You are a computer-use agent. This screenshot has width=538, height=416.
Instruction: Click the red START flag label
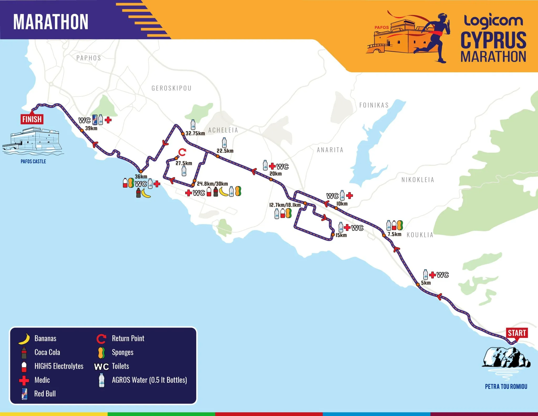coord(517,333)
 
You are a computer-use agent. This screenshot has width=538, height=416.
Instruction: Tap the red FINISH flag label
coord(32,119)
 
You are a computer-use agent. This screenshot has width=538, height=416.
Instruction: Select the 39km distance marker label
coord(91,129)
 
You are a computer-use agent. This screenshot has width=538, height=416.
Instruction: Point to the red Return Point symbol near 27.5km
coord(182,152)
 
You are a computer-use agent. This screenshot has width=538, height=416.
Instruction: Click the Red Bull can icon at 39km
coord(95,120)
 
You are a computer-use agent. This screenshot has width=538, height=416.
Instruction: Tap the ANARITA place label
coord(330,150)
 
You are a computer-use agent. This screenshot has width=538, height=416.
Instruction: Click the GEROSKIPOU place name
coord(172,88)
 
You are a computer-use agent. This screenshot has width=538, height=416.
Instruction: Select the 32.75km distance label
coord(195,133)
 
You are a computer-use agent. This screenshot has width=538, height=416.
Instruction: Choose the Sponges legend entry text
coord(122,352)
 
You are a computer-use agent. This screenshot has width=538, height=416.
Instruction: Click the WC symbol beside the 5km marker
coord(443,275)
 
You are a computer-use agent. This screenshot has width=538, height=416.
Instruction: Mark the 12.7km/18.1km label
coord(285,205)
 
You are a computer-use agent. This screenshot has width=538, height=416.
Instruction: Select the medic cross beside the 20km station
coord(272,166)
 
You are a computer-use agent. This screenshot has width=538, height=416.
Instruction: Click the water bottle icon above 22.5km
coord(224,143)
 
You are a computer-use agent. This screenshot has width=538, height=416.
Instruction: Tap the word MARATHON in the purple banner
coord(51,22)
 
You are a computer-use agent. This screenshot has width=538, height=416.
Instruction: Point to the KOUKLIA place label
coord(420,235)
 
